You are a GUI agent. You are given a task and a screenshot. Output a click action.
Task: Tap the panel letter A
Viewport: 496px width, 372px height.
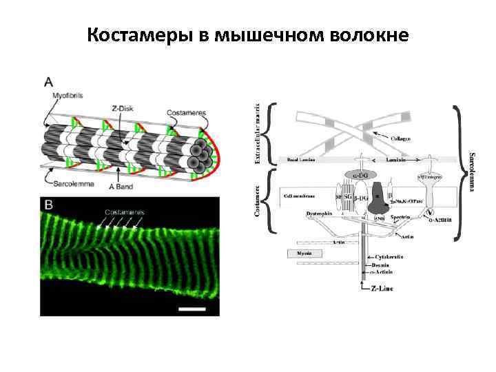click(49, 81)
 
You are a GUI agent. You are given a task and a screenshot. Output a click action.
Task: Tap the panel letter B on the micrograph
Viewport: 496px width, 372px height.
click(50, 205)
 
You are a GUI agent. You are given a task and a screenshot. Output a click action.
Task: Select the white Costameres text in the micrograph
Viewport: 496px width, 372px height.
click(125, 212)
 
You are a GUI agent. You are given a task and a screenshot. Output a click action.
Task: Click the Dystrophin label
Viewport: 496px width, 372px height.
click(318, 214)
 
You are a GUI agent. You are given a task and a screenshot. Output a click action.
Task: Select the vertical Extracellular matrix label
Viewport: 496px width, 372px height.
click(258, 134)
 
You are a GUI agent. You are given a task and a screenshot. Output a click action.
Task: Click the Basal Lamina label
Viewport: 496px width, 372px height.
click(301, 159)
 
